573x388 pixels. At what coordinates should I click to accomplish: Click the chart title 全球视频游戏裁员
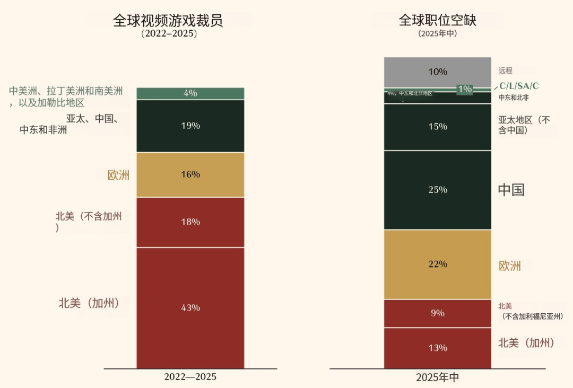tap(168, 20)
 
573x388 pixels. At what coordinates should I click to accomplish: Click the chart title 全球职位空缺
tap(437, 20)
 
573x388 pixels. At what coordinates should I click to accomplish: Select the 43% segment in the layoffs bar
tap(190, 307)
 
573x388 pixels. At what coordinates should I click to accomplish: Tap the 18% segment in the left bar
tap(190, 222)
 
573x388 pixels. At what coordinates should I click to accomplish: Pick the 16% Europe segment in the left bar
tap(190, 174)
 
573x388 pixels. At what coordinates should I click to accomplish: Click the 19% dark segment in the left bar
tap(190, 126)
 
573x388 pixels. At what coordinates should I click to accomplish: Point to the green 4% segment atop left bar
tap(190, 93)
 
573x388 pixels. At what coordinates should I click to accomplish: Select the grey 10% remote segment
tap(437, 72)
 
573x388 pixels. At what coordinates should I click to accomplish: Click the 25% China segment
tap(437, 190)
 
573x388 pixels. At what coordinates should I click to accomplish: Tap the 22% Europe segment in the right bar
tap(437, 264)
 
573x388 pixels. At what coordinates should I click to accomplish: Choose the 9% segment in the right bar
tap(437, 313)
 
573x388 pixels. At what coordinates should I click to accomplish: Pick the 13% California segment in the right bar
tap(437, 348)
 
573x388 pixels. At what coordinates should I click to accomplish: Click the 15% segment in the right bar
tap(437, 127)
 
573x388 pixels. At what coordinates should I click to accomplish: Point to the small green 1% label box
tap(465, 89)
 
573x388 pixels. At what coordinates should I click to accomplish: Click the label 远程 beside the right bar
tap(505, 70)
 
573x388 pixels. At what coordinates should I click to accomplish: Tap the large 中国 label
tap(511, 190)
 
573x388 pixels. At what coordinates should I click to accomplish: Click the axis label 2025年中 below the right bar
tap(437, 377)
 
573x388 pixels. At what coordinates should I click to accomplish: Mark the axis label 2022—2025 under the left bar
tap(190, 377)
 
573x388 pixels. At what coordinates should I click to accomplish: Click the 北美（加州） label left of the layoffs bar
tap(88, 303)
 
